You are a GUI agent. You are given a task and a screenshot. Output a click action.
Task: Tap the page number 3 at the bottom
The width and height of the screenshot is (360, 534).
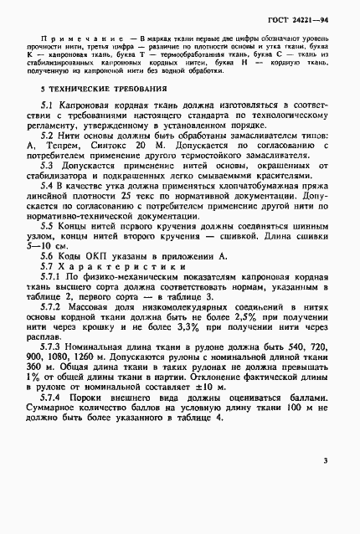tap(326, 460)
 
